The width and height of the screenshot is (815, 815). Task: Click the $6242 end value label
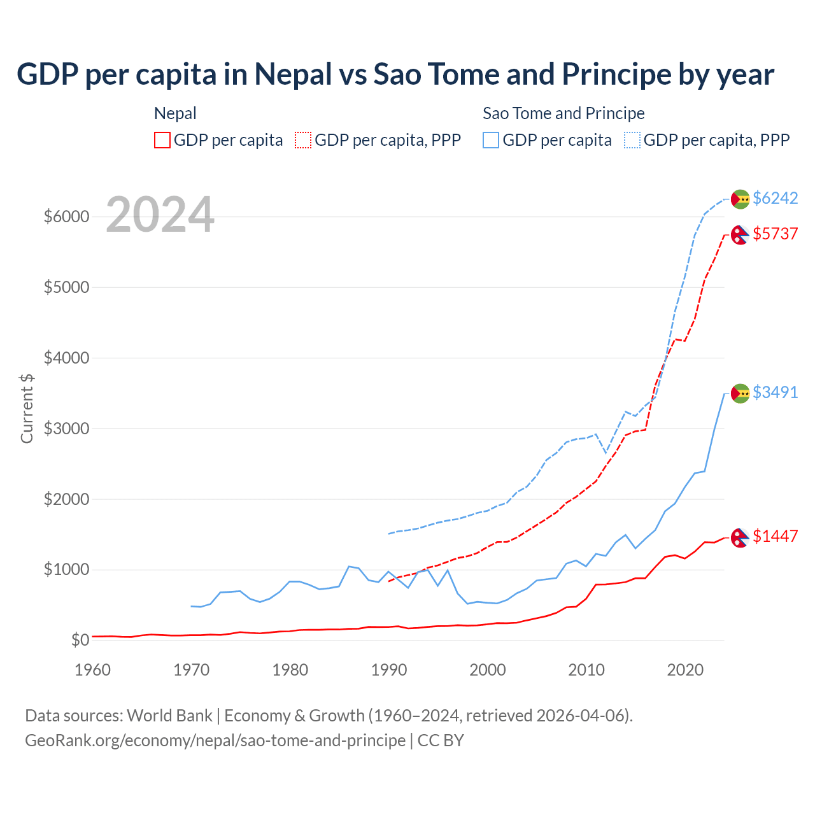(x=775, y=198)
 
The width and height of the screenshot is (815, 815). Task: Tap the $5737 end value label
(x=775, y=234)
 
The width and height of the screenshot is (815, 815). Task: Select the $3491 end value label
(x=775, y=392)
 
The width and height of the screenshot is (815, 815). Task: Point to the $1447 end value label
(x=775, y=536)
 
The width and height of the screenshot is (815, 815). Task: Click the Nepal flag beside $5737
(x=739, y=235)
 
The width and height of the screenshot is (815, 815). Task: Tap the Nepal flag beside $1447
(x=739, y=537)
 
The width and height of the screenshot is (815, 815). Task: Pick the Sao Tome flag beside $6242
(x=740, y=199)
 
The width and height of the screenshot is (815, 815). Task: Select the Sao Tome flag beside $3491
(x=740, y=393)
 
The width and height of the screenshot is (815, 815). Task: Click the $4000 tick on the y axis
(x=66, y=358)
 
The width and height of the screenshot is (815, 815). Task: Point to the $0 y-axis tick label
(x=80, y=640)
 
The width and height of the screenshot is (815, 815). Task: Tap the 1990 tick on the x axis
(x=388, y=670)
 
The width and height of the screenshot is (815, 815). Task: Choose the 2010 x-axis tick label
(x=586, y=670)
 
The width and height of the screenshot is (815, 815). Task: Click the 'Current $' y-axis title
(x=27, y=408)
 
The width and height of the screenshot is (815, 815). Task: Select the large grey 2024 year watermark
(x=160, y=215)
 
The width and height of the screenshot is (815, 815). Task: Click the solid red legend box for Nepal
(x=162, y=140)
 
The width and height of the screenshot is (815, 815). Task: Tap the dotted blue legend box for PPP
(x=632, y=140)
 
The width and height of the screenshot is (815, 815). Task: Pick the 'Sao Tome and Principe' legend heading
(x=563, y=113)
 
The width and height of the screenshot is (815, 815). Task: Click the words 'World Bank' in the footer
(x=169, y=716)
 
